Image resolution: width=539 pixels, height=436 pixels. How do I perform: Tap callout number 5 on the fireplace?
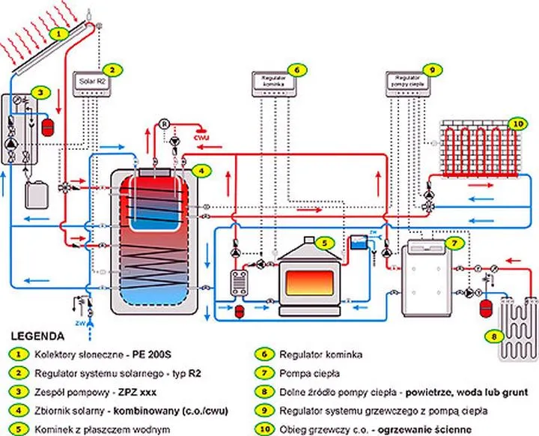(x=323, y=243)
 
